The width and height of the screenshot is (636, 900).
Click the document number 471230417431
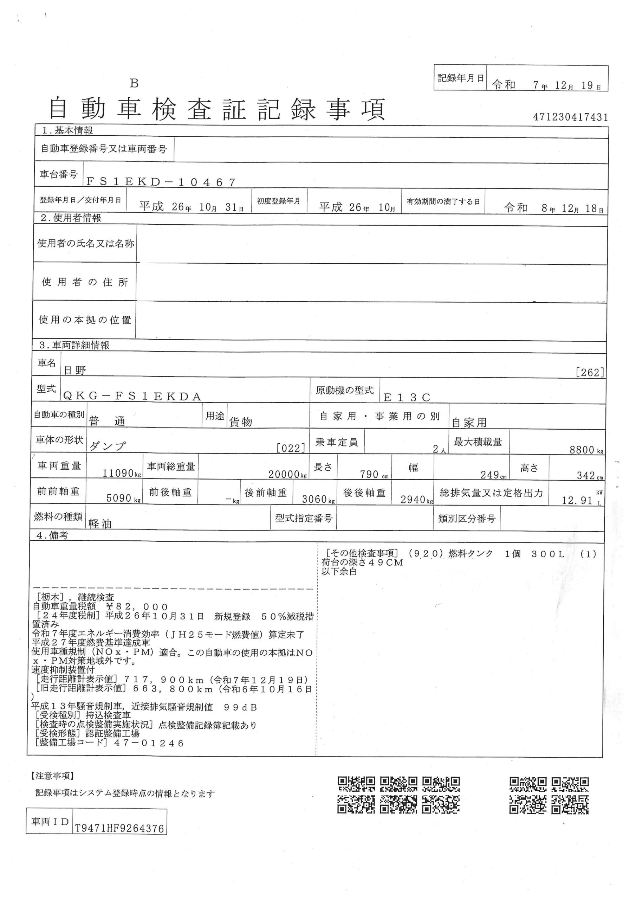point(570,117)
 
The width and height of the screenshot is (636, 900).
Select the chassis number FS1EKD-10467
point(161,182)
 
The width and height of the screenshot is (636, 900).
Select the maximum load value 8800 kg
point(584,450)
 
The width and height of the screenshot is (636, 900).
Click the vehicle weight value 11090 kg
point(118,473)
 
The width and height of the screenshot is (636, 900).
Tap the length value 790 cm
point(369,474)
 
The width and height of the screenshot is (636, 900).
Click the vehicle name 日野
point(75,371)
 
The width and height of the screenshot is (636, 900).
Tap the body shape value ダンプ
point(108,446)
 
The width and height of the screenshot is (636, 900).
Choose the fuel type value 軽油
point(100,524)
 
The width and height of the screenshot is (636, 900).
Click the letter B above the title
point(135,83)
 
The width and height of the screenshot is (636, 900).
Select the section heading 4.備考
point(52,535)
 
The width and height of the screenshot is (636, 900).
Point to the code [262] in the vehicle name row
point(590,372)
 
